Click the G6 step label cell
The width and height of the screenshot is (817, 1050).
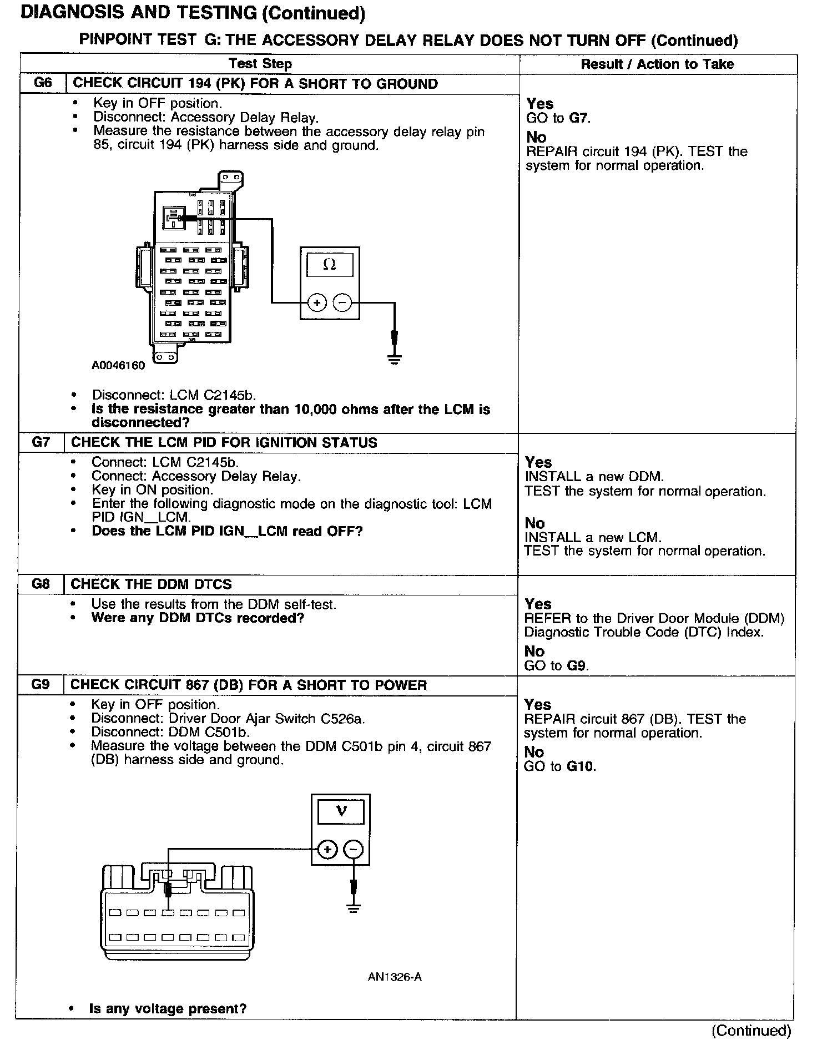pyautogui.click(x=42, y=84)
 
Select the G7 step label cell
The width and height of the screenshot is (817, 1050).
pyautogui.click(x=41, y=443)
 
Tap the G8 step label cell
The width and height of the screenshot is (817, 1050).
pyautogui.click(x=41, y=584)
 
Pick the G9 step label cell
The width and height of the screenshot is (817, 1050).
pyautogui.click(x=41, y=685)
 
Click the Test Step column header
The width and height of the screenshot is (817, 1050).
pyautogui.click(x=260, y=64)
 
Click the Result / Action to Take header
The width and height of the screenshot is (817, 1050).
pyautogui.click(x=657, y=64)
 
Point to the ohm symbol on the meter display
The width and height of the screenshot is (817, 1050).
pyautogui.click(x=329, y=265)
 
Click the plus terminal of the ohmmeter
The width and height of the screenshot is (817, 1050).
pyautogui.click(x=316, y=303)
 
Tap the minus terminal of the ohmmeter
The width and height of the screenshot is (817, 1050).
pyautogui.click(x=342, y=303)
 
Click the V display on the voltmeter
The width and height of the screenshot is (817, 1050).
pyautogui.click(x=341, y=812)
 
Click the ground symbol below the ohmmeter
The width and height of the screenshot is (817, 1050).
pyautogui.click(x=395, y=359)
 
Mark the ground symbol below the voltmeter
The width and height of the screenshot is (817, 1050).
pyautogui.click(x=353, y=908)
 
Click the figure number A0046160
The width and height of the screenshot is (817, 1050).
pyautogui.click(x=118, y=366)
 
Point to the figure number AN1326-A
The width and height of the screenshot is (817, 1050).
pyautogui.click(x=395, y=977)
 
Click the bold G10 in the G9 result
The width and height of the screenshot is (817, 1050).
pyautogui.click(x=581, y=767)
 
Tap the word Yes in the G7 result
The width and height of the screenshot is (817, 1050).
pyautogui.click(x=538, y=462)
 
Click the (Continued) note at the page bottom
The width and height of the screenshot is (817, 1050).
pyautogui.click(x=752, y=1031)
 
